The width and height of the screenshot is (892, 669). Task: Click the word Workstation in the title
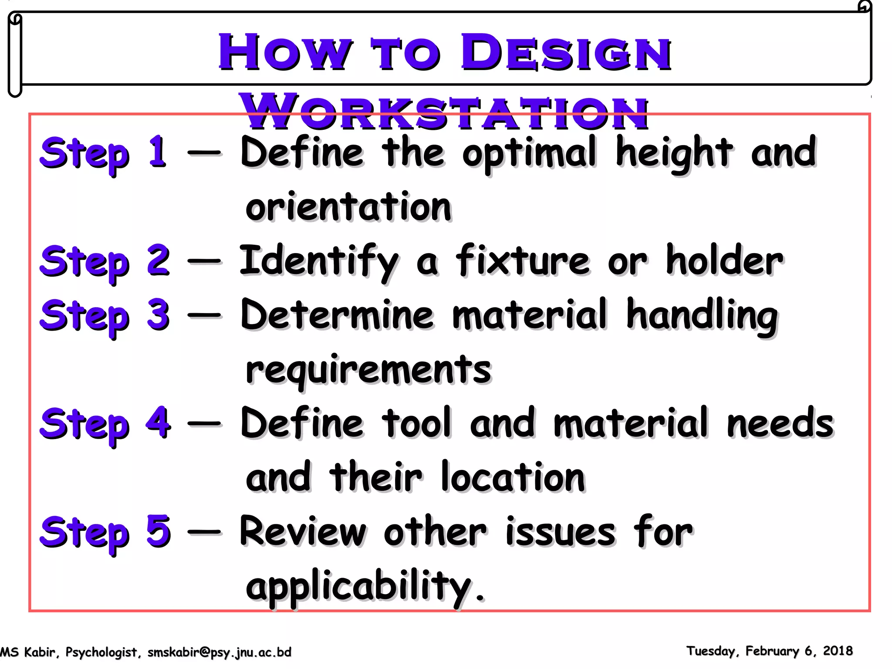(x=444, y=112)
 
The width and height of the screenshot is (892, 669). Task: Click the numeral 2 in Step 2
(x=158, y=260)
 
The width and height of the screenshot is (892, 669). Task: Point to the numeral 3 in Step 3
(x=158, y=314)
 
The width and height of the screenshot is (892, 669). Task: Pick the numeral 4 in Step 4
(x=158, y=422)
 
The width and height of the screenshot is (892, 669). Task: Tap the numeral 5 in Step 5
(x=158, y=530)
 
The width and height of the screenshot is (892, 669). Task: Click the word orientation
(x=348, y=206)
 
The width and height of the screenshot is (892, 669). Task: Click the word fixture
(x=523, y=260)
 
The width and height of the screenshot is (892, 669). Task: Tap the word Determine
(x=337, y=314)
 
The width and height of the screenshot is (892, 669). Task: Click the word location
(x=513, y=477)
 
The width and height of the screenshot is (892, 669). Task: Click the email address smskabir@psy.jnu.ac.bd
(x=219, y=652)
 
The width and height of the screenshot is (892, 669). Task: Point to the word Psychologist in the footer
(x=101, y=652)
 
